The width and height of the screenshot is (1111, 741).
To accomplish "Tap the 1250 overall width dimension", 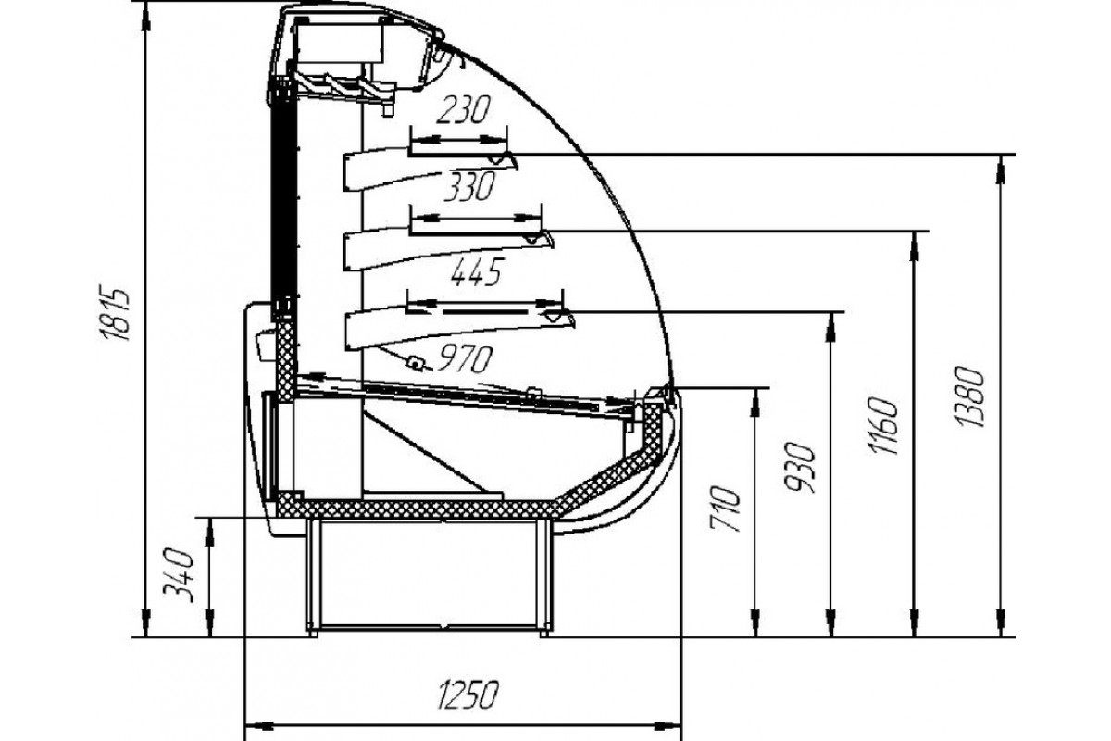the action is pyautogui.click(x=467, y=695).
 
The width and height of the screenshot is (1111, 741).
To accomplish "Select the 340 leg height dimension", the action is pyautogui.click(x=178, y=575).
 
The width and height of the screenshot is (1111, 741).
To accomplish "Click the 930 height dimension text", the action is pyautogui.click(x=800, y=467).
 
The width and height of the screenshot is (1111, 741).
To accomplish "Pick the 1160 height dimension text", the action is pyautogui.click(x=884, y=427).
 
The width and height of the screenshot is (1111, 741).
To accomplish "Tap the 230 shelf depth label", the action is pyautogui.click(x=463, y=109).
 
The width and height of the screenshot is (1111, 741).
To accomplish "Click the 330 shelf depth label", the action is pyautogui.click(x=469, y=186).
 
